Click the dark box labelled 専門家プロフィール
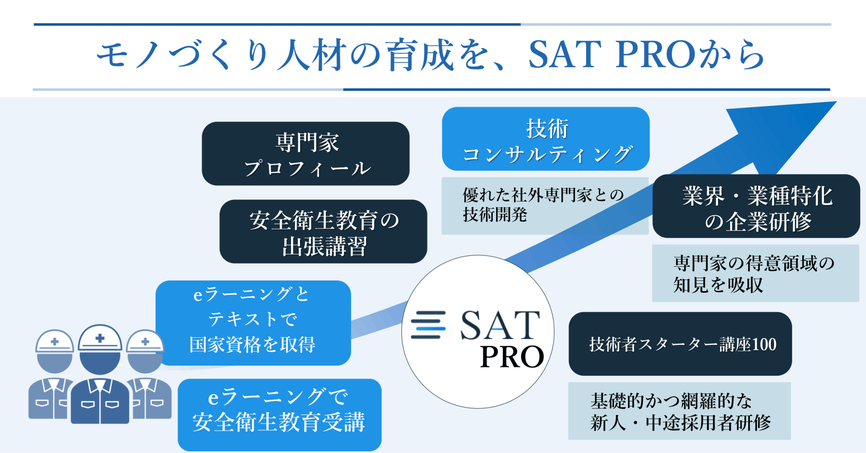306,154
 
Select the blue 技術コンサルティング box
546,139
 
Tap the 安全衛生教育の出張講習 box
323,231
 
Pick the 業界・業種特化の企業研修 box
756,206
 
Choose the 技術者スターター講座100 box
680,344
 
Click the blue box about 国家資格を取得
253,323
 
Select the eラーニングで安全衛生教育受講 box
280,415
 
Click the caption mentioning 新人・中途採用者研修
679,411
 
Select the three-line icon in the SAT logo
428,324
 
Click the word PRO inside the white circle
512,357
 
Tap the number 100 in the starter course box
764,344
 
